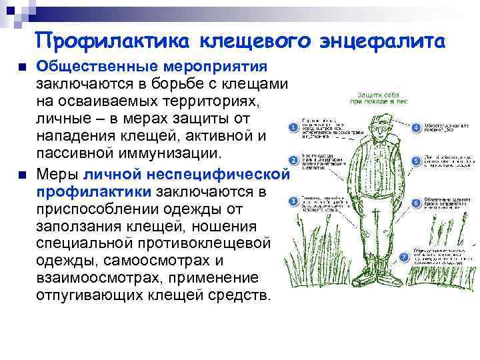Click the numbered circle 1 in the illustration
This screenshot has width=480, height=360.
click(x=291, y=127)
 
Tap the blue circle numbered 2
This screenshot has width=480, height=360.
click(x=291, y=162)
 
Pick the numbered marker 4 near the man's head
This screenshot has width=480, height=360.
click(x=415, y=127)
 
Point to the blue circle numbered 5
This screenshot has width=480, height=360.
click(x=415, y=161)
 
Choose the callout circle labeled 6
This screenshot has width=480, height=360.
click(x=415, y=201)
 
